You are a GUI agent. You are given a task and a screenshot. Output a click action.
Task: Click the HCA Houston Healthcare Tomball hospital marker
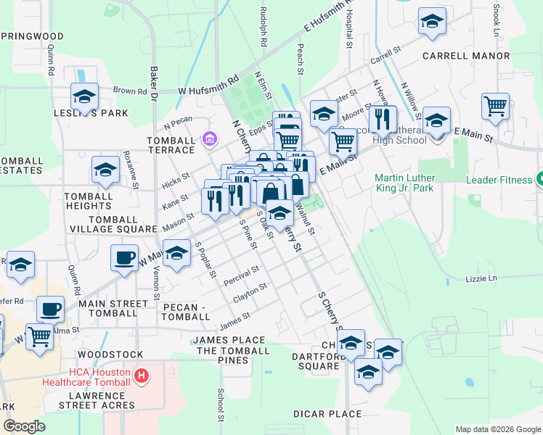tap(142, 376)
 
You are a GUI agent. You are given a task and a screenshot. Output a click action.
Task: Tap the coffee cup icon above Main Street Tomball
tap(50, 309)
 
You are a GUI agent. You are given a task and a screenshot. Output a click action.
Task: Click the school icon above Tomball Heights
tap(105, 170)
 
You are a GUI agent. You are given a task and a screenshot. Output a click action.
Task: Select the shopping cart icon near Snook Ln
tap(495, 107)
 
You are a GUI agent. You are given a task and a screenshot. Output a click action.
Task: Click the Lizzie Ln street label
tap(481, 278)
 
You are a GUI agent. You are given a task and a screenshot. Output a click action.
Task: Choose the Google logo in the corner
tap(25, 426)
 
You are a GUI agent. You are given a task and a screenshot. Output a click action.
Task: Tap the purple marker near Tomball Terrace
tap(209, 138)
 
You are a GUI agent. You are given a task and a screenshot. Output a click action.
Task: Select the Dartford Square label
tap(316, 361)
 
